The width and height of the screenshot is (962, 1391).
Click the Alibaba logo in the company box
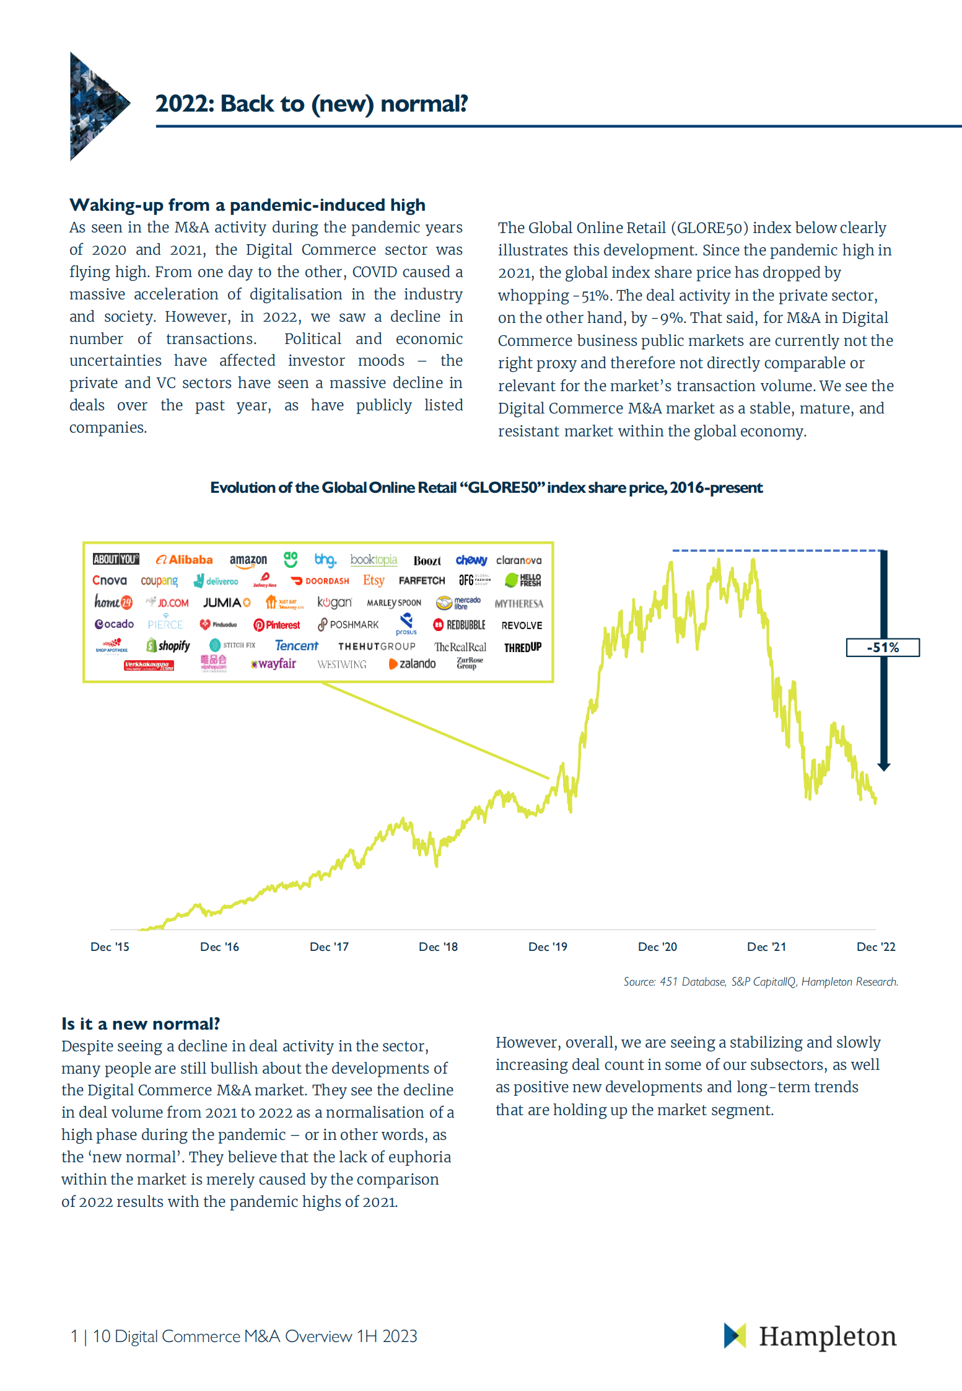point(184,560)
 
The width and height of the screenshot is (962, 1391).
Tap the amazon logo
point(248,560)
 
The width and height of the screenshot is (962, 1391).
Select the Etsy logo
point(374,580)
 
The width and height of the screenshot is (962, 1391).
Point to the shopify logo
point(168,646)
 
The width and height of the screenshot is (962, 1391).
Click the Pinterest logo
point(277,625)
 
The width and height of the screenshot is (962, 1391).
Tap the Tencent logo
point(296,646)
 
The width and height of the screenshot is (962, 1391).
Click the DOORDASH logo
point(320,581)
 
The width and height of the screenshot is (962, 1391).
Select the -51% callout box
point(883,648)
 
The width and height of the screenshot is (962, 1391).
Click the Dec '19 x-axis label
point(548,947)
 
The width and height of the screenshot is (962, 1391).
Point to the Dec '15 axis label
point(110,947)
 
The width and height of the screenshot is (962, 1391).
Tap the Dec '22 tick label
point(876,947)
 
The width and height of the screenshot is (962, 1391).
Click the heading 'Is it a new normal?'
point(141,1023)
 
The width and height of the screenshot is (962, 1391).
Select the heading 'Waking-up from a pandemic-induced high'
point(247,205)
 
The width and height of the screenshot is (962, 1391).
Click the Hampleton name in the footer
point(828,1336)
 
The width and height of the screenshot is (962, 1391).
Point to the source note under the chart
point(761,981)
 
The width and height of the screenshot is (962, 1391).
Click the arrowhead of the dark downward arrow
point(884,767)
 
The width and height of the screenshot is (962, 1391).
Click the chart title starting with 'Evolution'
point(486,488)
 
